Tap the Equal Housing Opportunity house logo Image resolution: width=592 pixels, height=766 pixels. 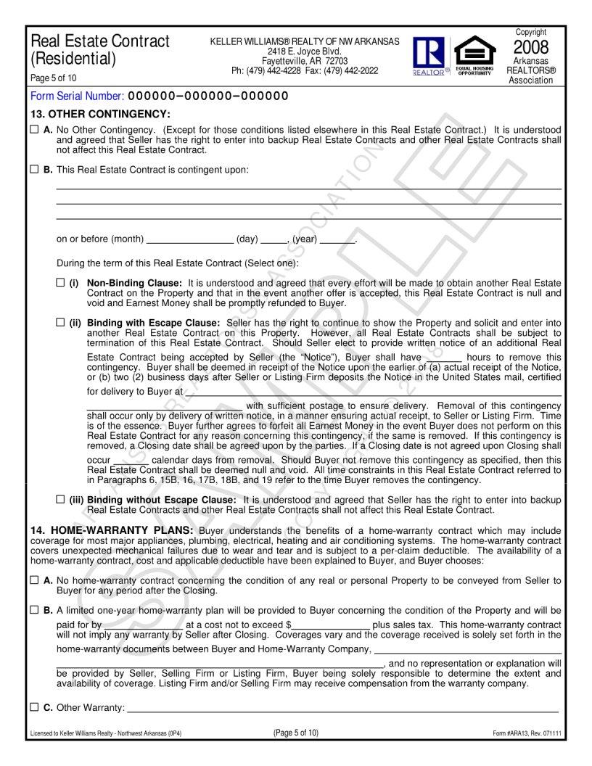click(474, 52)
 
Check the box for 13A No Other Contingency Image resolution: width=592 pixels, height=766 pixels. click(34, 129)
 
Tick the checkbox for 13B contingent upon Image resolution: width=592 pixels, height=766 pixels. click(34, 170)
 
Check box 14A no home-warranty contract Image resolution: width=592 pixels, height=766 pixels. click(34, 580)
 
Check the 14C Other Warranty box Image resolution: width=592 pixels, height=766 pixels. click(34, 707)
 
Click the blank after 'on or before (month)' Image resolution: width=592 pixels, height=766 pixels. click(189, 239)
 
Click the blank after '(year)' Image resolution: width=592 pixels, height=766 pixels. click(337, 239)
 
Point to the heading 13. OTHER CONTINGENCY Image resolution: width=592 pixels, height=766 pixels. click(99, 114)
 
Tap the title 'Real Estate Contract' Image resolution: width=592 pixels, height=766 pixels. click(100, 41)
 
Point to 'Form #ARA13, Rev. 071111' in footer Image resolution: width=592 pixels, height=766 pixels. click(527, 733)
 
